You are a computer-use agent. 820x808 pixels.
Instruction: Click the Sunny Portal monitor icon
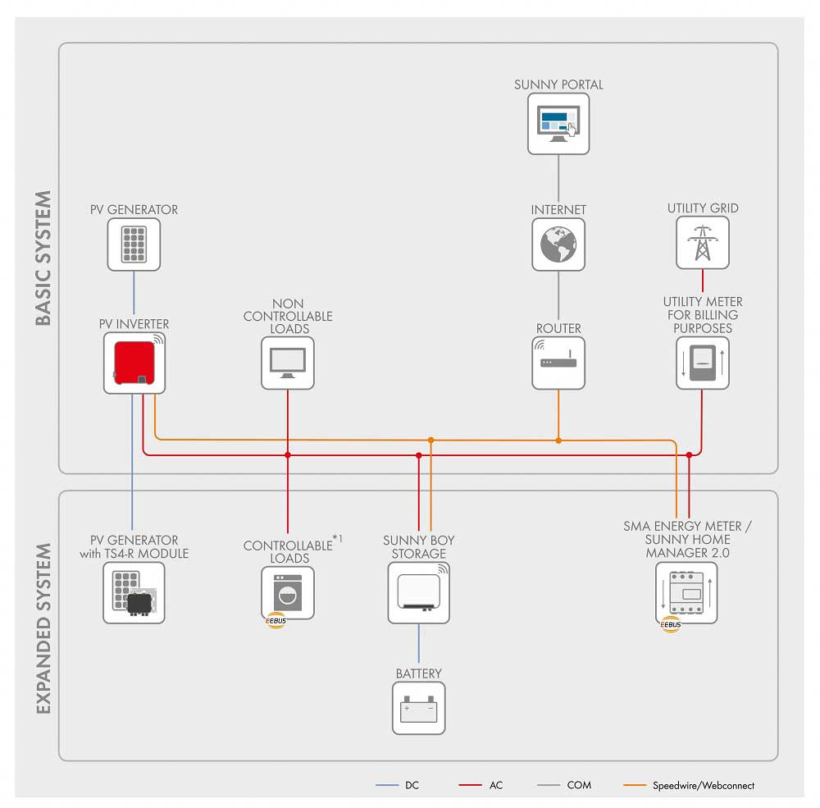(x=558, y=123)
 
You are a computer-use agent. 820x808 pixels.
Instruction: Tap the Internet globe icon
(x=558, y=244)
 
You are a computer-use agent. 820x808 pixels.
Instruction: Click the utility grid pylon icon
(x=702, y=243)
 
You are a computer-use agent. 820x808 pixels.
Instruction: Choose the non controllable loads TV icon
(x=288, y=362)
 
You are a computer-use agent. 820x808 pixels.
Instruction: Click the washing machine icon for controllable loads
(x=288, y=592)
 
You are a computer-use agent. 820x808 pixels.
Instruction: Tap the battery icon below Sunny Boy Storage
(x=418, y=707)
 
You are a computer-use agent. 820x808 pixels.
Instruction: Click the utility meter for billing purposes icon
(x=702, y=363)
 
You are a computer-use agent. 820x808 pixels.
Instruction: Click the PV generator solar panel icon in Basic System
(x=134, y=244)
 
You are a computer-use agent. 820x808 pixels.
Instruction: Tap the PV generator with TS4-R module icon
(x=134, y=592)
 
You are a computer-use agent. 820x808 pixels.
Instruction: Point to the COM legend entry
(x=579, y=785)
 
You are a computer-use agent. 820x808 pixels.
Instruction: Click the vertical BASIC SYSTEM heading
(x=44, y=258)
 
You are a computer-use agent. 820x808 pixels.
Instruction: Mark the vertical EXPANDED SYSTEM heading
(x=44, y=628)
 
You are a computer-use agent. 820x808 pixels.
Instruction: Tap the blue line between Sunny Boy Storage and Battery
(x=418, y=644)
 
